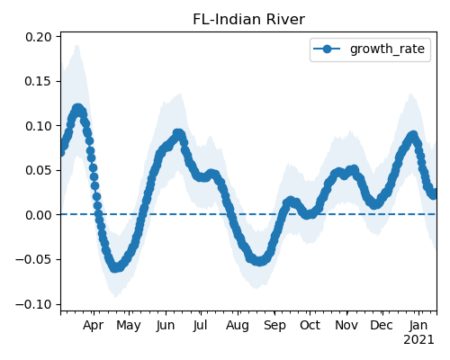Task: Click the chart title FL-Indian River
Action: coord(248,20)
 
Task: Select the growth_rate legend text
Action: coord(387,49)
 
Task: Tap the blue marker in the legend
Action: coord(327,49)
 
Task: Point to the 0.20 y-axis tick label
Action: coord(39,37)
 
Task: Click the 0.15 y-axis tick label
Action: coord(39,81)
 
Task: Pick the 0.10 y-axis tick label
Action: coord(39,126)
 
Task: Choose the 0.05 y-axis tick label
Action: coord(39,170)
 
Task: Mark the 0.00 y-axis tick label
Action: coord(39,215)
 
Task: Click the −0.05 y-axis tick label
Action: coord(33,259)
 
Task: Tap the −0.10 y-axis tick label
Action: coord(33,304)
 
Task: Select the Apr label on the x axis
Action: coord(94,326)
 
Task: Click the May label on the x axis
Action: coord(129,326)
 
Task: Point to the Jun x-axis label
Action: coord(166,326)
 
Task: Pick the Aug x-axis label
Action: coord(238,326)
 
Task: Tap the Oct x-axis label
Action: coord(310,326)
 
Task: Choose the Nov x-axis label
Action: coord(346,326)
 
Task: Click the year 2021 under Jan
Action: coord(418,340)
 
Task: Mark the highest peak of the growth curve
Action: coord(78,108)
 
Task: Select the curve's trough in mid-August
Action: coord(259,261)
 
